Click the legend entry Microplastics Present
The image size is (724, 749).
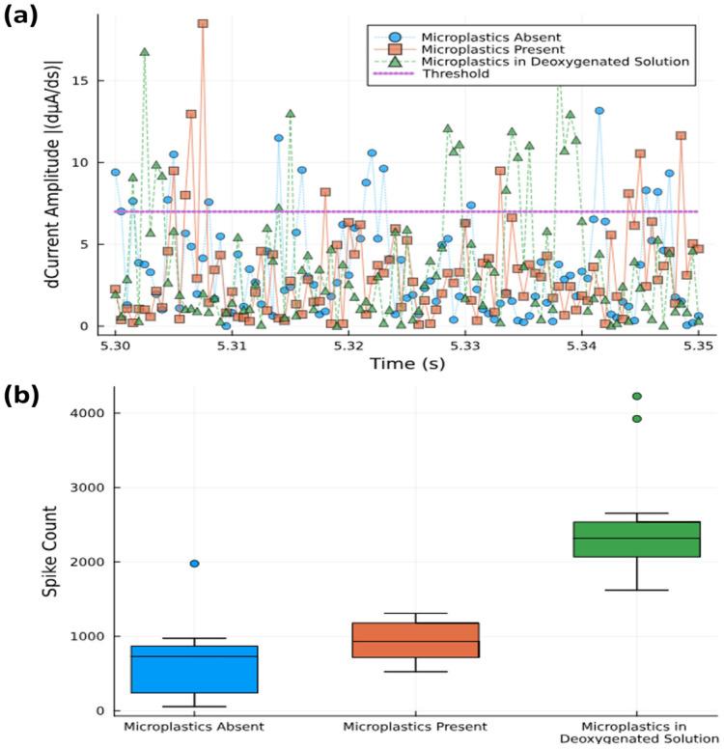tap(487, 49)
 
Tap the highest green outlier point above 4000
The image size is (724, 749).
tap(637, 396)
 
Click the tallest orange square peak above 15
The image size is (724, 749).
tap(203, 24)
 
